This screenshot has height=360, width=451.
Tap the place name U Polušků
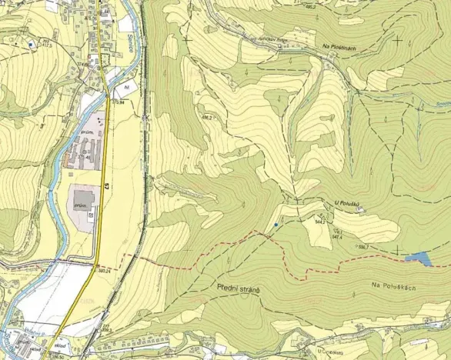point(348,204)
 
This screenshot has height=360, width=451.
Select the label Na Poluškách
point(393,285)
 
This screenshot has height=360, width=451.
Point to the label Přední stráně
point(238,288)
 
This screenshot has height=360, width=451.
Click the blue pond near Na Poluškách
point(419,259)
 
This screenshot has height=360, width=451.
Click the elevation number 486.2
point(206,118)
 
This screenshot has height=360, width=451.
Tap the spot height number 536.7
point(362,247)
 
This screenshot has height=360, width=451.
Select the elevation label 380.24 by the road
point(105,269)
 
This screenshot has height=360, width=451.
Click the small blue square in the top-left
point(31,45)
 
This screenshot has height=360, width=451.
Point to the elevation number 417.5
point(47,45)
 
